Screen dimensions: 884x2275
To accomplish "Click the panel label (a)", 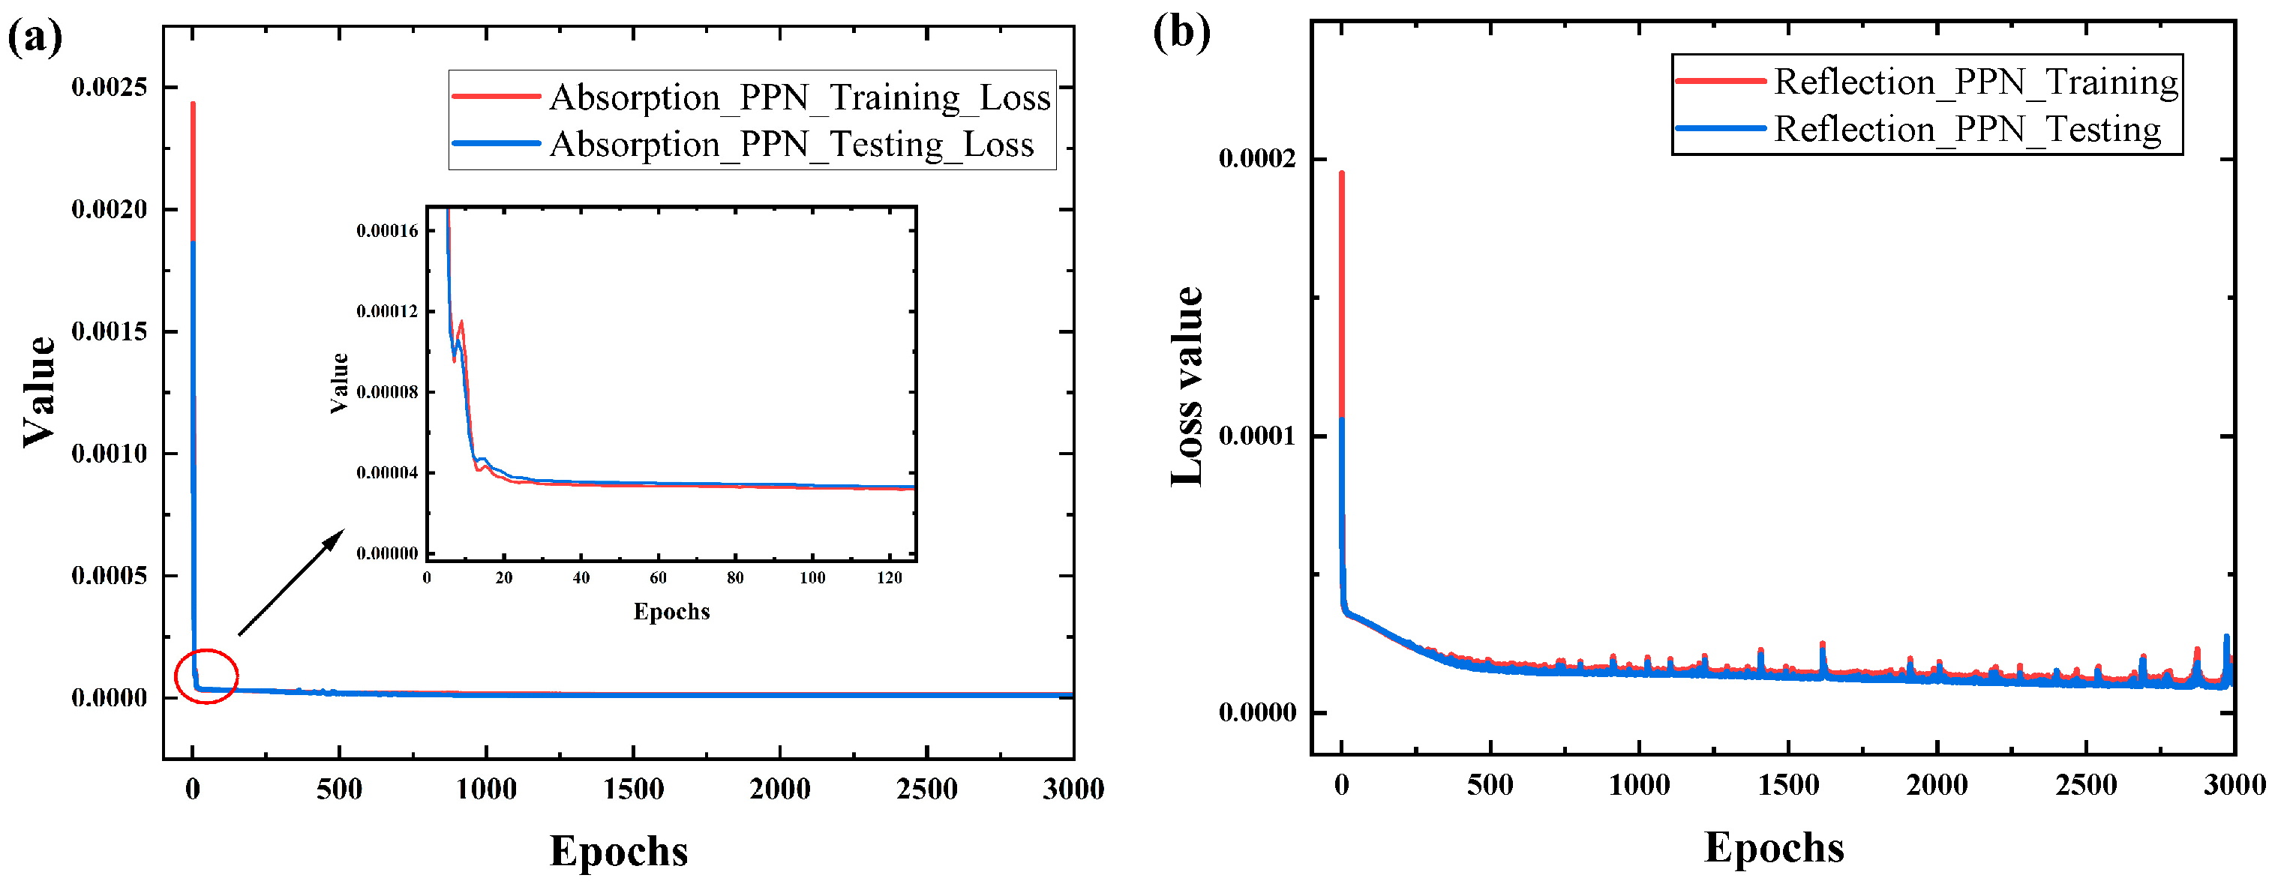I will click(x=35, y=38).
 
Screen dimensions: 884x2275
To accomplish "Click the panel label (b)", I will click(x=1181, y=33).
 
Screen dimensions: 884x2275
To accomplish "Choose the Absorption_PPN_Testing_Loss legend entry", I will click(x=791, y=144).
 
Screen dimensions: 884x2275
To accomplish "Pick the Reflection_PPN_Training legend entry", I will click(x=1976, y=81).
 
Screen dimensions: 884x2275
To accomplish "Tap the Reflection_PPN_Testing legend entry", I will click(x=1967, y=129).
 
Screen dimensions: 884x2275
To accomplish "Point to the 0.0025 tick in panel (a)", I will click(x=110, y=86).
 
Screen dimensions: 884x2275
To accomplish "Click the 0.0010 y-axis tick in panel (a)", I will click(x=110, y=453).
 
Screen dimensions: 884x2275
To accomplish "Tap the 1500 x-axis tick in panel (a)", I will click(x=633, y=789).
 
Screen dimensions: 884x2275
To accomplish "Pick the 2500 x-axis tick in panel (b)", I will click(x=2086, y=785).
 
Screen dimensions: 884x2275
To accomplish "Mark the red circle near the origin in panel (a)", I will click(x=207, y=676).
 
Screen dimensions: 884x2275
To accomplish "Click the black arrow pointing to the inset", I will click(x=292, y=582).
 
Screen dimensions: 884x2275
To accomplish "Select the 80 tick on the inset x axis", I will click(x=735, y=577).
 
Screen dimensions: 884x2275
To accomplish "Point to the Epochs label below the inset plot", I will click(x=671, y=611).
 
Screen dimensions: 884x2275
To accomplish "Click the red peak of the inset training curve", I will click(x=461, y=322).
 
